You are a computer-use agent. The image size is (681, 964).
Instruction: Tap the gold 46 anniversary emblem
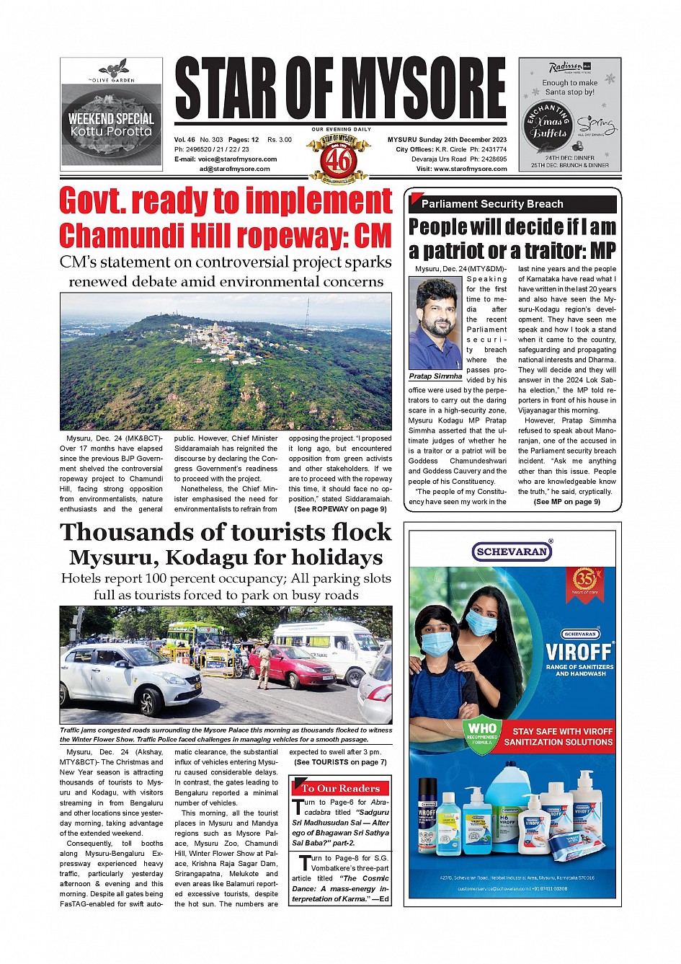point(339,158)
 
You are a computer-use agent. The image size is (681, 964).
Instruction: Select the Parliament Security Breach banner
point(512,204)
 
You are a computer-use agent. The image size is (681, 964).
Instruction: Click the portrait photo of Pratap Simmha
point(435,323)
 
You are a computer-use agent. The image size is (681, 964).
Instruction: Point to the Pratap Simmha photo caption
point(435,376)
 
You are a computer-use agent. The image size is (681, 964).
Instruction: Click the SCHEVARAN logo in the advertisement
point(512,552)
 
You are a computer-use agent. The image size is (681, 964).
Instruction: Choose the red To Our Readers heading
point(340,788)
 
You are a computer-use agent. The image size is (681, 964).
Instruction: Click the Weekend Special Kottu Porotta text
point(111,125)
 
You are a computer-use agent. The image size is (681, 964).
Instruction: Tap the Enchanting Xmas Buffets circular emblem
point(548,127)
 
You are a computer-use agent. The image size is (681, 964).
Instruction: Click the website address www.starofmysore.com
point(470,169)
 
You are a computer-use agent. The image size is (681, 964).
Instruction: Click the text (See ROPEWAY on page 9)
point(340,509)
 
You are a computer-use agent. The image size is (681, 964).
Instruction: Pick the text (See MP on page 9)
point(566,502)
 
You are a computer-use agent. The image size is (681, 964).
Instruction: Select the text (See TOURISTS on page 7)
point(340,762)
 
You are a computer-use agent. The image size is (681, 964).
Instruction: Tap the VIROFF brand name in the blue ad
point(579,652)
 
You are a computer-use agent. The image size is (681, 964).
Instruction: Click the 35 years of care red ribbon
point(584,581)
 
